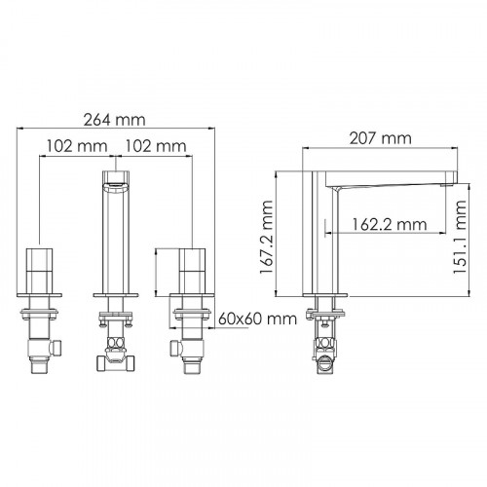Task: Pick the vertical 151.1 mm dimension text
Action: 469,239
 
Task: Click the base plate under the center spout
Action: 118,294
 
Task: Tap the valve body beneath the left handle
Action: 41,343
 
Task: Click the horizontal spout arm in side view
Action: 390,182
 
